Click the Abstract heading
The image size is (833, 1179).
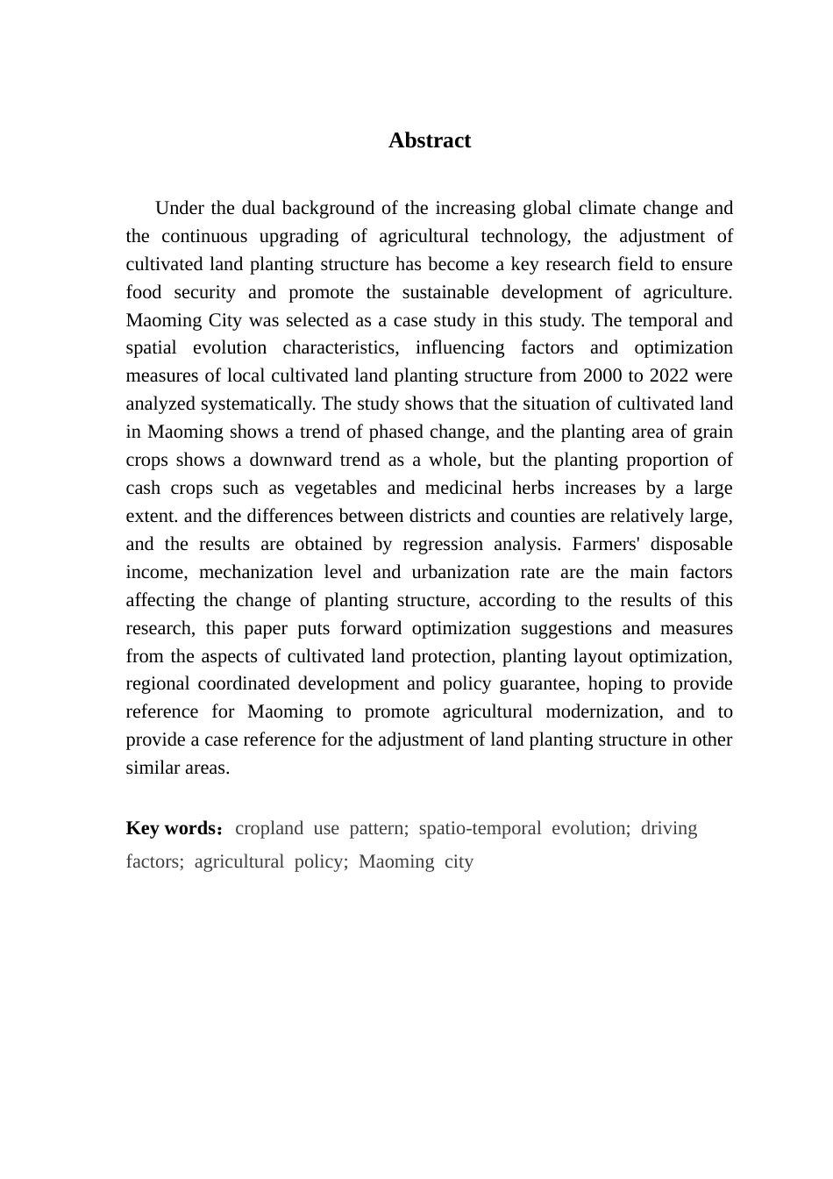tap(430, 140)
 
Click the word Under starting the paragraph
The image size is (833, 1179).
tap(180, 208)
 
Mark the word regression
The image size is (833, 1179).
tap(441, 544)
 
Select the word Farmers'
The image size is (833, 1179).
tap(606, 544)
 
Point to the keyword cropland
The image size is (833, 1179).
tap(269, 828)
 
